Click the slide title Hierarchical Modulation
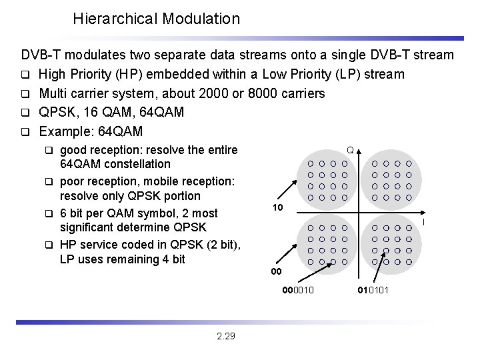pyautogui.click(x=156, y=19)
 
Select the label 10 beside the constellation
pyautogui.click(x=277, y=209)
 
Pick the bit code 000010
pyautogui.click(x=298, y=289)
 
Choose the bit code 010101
pyautogui.click(x=373, y=289)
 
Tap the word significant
pyautogui.click(x=88, y=228)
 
